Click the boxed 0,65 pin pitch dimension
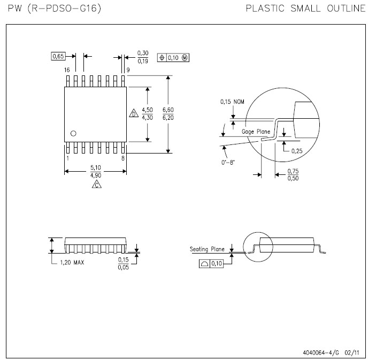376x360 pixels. (58, 56)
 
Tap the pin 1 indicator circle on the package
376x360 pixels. (73, 133)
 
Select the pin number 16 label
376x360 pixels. (67, 70)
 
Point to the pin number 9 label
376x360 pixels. (128, 70)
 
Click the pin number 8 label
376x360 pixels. (123, 158)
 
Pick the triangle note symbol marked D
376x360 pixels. (134, 113)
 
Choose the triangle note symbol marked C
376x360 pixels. (97, 184)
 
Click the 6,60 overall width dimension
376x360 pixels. (168, 110)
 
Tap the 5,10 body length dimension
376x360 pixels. (96, 167)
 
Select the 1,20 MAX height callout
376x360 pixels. (72, 263)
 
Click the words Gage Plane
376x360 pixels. (256, 132)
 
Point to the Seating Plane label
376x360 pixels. (207, 249)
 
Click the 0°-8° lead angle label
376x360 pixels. (228, 163)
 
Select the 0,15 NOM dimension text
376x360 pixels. (232, 102)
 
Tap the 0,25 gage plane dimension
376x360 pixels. (297, 151)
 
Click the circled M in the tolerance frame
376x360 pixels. (185, 58)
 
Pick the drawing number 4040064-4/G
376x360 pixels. (321, 353)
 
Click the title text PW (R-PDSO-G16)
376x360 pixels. (55, 9)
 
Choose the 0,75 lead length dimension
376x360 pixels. (293, 171)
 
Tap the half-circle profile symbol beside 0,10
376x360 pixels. (204, 264)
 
